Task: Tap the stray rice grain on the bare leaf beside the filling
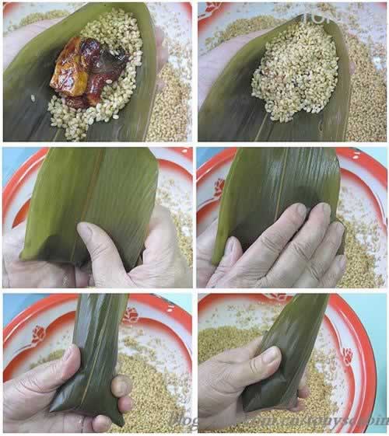click(32, 99)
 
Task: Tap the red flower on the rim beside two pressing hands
click(220, 187)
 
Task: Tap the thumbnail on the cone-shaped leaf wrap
click(269, 357)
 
